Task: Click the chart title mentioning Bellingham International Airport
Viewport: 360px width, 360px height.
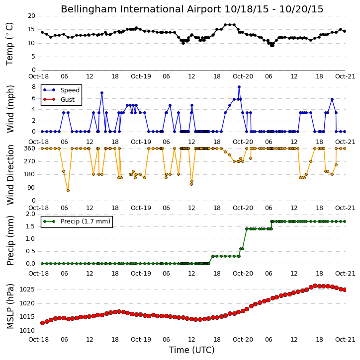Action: point(192,9)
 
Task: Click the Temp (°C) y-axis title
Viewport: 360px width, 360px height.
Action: point(9,44)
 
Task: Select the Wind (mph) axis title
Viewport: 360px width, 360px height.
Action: point(10,109)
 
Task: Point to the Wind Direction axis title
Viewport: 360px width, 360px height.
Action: point(10,175)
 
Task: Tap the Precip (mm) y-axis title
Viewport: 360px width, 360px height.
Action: point(10,240)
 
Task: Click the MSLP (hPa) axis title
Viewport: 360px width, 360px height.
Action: point(10,306)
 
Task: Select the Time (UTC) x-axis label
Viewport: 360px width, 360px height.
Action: point(192,350)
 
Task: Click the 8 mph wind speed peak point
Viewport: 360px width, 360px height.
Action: point(239,87)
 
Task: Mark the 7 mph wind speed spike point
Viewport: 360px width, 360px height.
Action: point(102,93)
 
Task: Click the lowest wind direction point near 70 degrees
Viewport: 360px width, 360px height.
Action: point(68,191)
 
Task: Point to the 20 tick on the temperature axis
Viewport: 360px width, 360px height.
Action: point(31,16)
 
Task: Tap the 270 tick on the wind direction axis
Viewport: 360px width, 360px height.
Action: point(30,161)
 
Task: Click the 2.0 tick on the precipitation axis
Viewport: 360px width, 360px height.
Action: point(30,214)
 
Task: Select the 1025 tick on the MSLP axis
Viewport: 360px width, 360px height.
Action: point(27,289)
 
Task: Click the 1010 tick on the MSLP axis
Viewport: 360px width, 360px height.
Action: point(27,331)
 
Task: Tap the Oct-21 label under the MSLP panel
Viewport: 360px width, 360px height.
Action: point(345,339)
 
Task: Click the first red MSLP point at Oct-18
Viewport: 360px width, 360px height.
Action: point(43,323)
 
